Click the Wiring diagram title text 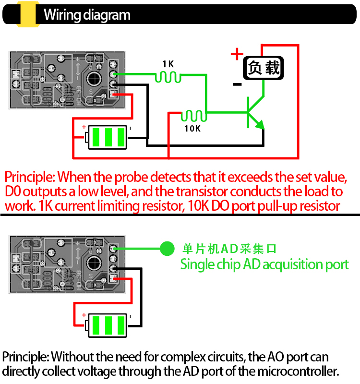[87, 15]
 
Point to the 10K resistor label [192, 129]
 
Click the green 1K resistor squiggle [168, 76]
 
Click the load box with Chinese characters [263, 68]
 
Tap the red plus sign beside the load [237, 54]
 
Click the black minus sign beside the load [237, 85]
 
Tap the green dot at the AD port [167, 248]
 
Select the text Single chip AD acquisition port [264, 264]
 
